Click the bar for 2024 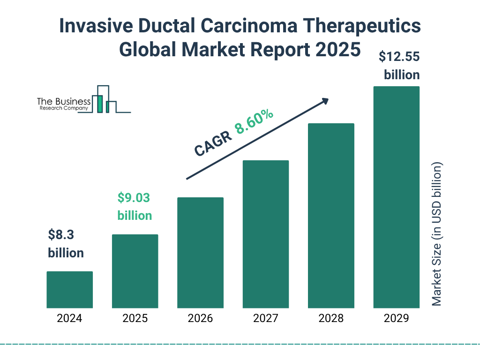69,290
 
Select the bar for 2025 135,271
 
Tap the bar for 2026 200,253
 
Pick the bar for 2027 266,234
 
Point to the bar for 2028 331,216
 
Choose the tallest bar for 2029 396,197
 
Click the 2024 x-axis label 69,319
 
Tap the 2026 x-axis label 200,319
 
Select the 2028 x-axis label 331,319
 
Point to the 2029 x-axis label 396,319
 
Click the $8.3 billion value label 66,244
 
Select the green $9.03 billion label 134,207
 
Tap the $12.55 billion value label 399,66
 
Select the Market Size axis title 437,234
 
